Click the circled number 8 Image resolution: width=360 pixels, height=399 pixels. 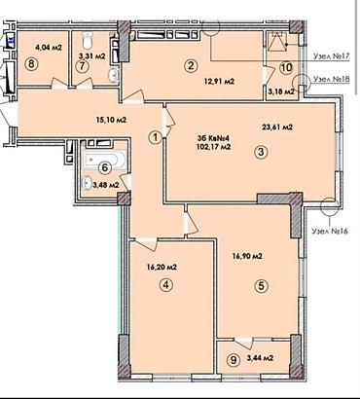pos(31,63)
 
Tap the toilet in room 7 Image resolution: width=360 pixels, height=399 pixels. pos(88,40)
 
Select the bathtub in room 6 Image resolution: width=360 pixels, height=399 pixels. pos(104,160)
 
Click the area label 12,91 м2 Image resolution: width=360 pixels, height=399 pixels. pos(219,82)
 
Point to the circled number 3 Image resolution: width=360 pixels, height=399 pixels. pos(262,152)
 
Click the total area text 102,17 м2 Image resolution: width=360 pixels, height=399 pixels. pos(213,147)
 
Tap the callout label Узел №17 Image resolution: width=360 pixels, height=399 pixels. pos(331,55)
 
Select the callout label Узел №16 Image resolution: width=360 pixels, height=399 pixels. pos(330,231)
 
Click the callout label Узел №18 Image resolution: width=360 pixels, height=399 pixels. pos(331,80)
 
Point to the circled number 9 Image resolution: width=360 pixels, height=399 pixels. pos(234,359)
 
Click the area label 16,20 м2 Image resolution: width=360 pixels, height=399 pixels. pos(161,268)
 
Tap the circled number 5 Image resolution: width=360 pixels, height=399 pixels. pos(262,286)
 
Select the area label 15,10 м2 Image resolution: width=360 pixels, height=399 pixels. pos(111,120)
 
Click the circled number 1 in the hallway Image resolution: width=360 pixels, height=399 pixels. pos(156,137)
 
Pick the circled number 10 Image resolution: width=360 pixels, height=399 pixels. pos(287,68)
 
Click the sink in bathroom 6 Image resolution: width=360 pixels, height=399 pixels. pos(87,183)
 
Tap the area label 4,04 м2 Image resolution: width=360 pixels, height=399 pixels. pos(49,48)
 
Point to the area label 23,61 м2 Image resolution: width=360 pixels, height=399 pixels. pos(277,127)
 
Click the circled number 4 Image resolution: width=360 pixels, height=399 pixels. pos(166,285)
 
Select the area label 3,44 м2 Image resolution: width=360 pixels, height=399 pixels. pos(260,358)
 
